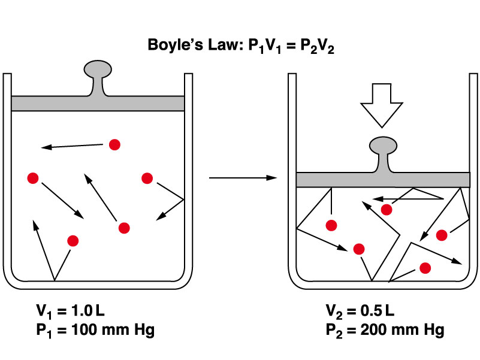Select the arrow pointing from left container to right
tap(243, 178)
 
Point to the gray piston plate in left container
tap(97, 103)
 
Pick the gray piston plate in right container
tap(383, 180)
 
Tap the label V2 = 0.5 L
tap(360, 311)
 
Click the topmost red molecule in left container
tap(114, 144)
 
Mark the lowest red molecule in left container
tap(73, 241)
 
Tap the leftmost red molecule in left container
tap(33, 178)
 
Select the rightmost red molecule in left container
tap(147, 178)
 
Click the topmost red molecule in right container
tap(387, 209)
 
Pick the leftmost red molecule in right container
tap(331, 225)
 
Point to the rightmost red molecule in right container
tap(442, 235)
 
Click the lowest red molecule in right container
tap(425, 268)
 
